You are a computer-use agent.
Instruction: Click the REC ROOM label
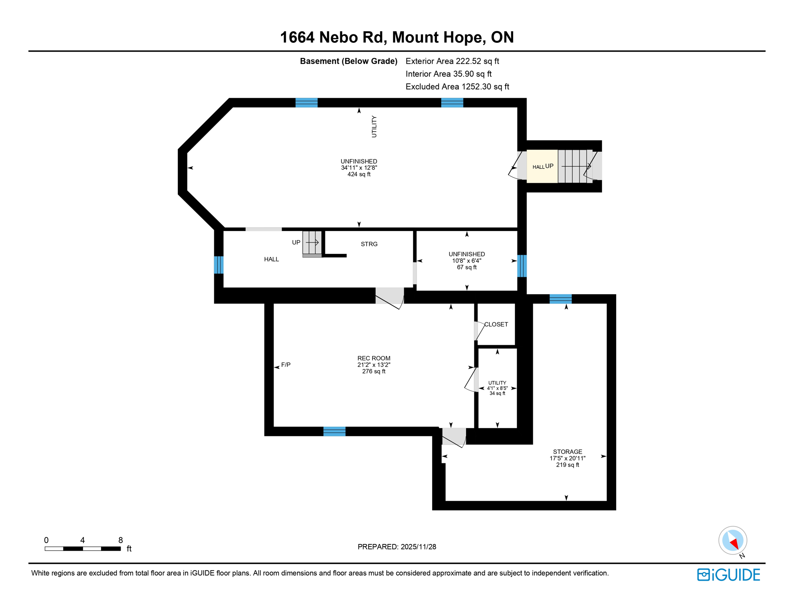click(373, 358)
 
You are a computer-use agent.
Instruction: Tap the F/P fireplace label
click(286, 365)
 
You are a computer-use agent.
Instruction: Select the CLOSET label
click(496, 324)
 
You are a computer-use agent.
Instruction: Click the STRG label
click(369, 244)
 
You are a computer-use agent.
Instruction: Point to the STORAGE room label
click(567, 452)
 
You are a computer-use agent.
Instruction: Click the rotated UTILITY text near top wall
click(374, 127)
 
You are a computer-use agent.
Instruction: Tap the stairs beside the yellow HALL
click(575, 166)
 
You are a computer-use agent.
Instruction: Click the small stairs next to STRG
click(312, 242)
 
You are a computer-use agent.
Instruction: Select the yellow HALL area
click(542, 166)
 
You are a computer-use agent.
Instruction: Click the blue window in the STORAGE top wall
click(560, 299)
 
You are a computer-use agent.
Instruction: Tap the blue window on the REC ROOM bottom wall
click(334, 431)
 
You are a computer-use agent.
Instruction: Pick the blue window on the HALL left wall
click(218, 265)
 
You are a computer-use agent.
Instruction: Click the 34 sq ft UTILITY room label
click(497, 388)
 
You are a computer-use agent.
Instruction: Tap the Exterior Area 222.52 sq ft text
click(452, 61)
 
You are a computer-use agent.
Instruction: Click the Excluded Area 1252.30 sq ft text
click(457, 87)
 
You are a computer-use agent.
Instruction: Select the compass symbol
click(732, 541)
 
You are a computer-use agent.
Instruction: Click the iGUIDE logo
click(728, 575)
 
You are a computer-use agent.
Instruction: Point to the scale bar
click(83, 548)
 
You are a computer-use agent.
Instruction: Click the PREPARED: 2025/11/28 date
click(397, 547)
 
